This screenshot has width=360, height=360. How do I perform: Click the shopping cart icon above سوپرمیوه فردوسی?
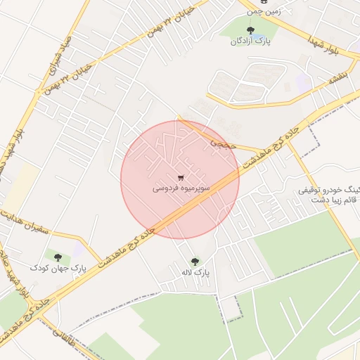click(181, 177)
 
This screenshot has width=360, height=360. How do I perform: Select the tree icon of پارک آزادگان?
click(250, 30)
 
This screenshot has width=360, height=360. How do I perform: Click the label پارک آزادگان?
click(252, 41)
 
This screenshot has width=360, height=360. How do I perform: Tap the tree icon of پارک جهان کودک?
click(58, 257)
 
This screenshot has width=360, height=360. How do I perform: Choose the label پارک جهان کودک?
click(58, 268)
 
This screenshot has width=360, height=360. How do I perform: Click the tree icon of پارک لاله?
click(195, 261)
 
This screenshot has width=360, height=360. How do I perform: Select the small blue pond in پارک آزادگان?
click(260, 36)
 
